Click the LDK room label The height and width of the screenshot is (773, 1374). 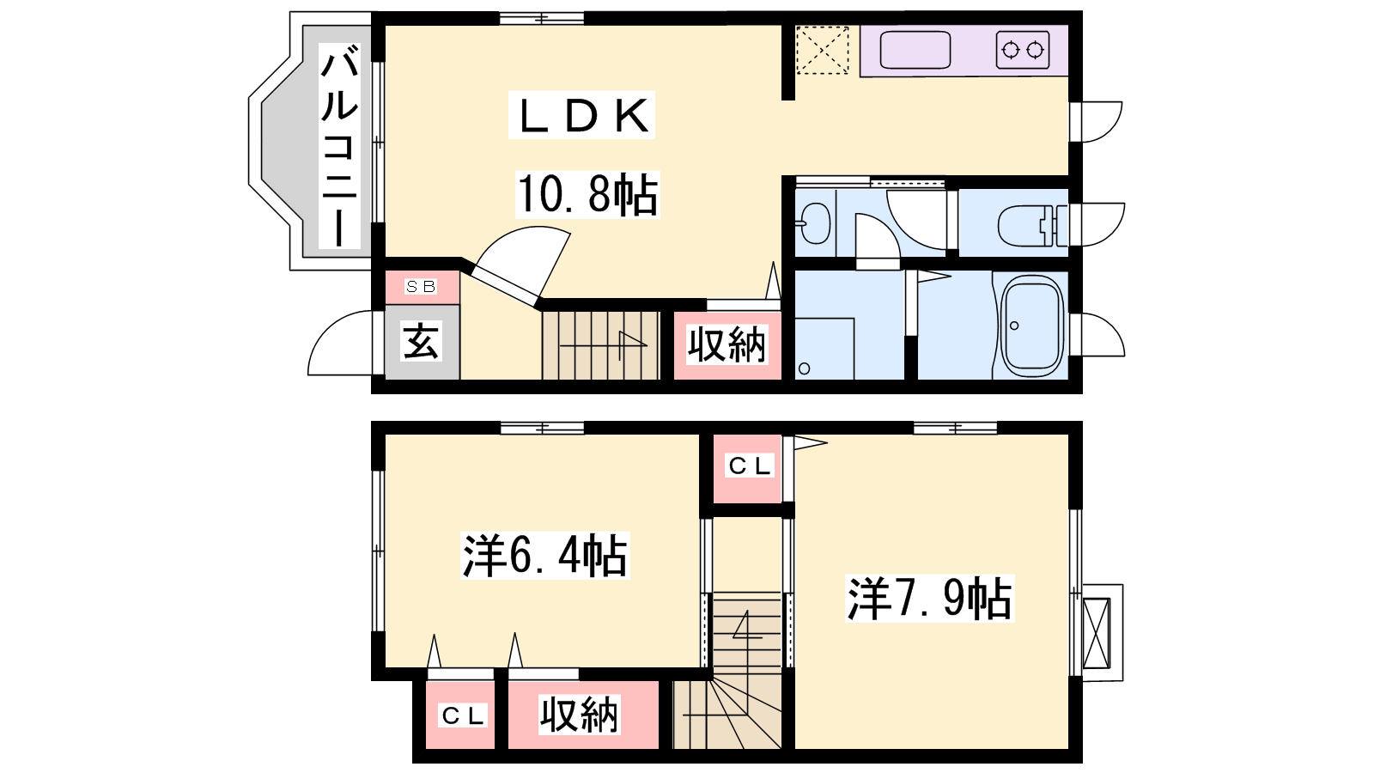[582, 115]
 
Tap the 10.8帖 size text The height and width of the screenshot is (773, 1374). [587, 194]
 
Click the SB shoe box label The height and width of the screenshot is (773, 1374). [422, 287]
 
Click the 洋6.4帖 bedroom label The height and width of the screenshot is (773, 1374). [544, 556]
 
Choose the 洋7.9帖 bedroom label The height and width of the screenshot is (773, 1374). [929, 598]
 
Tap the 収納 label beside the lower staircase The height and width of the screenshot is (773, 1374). [579, 715]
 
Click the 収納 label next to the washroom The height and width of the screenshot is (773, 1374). [727, 344]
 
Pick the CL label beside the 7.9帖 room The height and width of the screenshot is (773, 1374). [749, 466]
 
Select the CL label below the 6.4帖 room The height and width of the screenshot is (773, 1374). [463, 715]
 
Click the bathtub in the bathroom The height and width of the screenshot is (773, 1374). [1031, 326]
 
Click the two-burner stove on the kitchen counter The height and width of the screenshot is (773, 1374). [1023, 49]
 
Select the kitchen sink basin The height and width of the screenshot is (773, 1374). [915, 50]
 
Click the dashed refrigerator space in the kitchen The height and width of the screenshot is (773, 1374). [823, 50]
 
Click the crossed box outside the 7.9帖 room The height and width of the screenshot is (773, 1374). [1097, 633]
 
